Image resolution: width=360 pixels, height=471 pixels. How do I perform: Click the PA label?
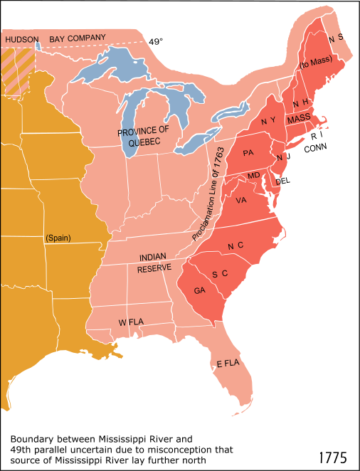point(248,153)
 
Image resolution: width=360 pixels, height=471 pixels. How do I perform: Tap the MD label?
point(253,176)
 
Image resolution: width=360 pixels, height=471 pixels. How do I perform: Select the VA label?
point(240,200)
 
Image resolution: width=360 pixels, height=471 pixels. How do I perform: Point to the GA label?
point(200,290)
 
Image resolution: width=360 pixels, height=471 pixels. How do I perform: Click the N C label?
point(235,245)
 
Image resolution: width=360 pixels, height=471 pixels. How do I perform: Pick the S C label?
point(219,274)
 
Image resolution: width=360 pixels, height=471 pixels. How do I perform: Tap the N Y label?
point(268,121)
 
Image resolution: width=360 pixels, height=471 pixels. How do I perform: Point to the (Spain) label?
point(58,238)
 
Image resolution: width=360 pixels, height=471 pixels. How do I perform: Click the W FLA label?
point(131,322)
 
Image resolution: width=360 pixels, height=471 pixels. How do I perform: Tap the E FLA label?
point(227,364)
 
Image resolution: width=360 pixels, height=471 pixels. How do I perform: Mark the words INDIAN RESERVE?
point(154,263)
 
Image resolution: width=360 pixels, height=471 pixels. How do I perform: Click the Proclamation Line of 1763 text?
point(207,194)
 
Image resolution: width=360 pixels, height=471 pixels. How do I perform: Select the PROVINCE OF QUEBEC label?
point(144,137)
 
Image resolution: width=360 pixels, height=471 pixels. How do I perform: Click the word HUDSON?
point(21,40)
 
